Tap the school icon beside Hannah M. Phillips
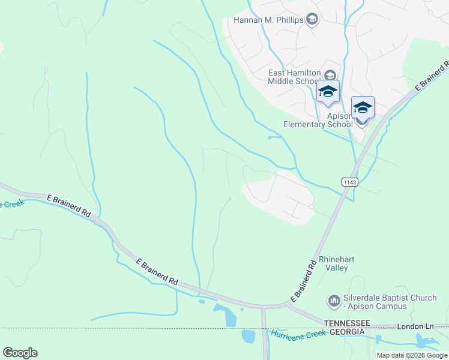pos(312,20)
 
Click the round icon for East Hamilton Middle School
pos(330,75)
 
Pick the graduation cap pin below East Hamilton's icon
pos(328,91)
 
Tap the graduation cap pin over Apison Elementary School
pos(363,107)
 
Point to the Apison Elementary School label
pos(318,120)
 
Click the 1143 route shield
pos(350,182)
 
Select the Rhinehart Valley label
pos(336,263)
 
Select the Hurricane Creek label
pos(298,334)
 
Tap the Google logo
pos(20,353)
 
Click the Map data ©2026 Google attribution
pos(412,355)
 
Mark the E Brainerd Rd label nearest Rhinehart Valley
pos(303,281)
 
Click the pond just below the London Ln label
pos(426,341)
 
